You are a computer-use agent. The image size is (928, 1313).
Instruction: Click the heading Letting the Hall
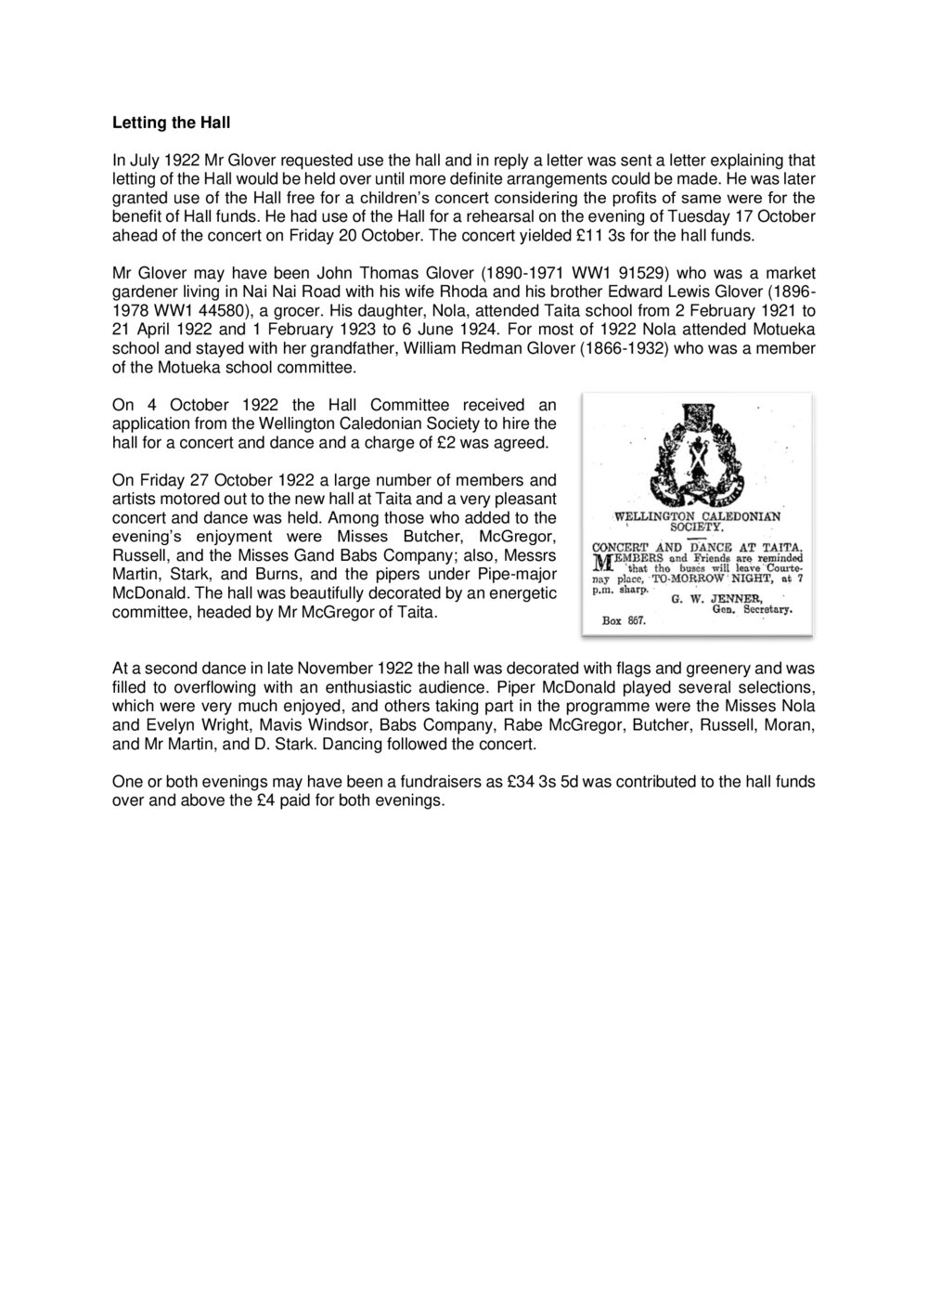(x=171, y=122)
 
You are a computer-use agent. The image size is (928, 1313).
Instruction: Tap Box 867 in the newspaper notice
(x=624, y=620)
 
